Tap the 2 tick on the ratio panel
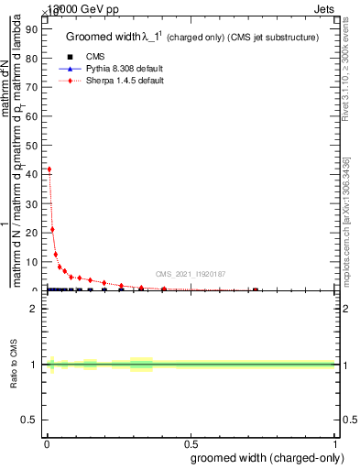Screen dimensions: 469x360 pyautogui.click(x=36, y=309)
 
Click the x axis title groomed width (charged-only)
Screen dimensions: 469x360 pyautogui.click(x=266, y=457)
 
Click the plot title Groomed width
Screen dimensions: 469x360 pyautogui.click(x=101, y=38)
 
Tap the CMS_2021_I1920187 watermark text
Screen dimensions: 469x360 pyautogui.click(x=190, y=274)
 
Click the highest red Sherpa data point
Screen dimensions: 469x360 pyautogui.click(x=49, y=169)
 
